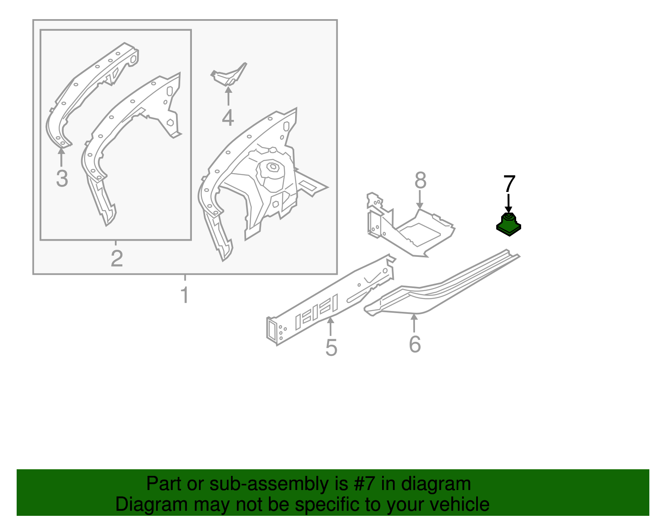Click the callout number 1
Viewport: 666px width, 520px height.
185,294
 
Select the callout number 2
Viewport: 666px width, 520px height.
117,258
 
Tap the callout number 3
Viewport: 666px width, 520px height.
62,178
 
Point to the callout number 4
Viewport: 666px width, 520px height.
228,118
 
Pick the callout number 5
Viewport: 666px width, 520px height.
331,348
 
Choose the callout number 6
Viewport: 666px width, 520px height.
415,344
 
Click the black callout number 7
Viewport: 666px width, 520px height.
509,184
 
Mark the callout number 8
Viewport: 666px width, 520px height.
420,180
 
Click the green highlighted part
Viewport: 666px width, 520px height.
509,224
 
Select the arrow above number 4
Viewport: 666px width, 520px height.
229,96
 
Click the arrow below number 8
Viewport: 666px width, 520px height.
420,200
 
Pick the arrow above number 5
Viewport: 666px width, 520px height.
330,327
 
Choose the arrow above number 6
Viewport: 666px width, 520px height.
414,323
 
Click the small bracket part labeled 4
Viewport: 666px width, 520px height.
229,75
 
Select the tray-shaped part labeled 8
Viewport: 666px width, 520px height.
411,224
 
